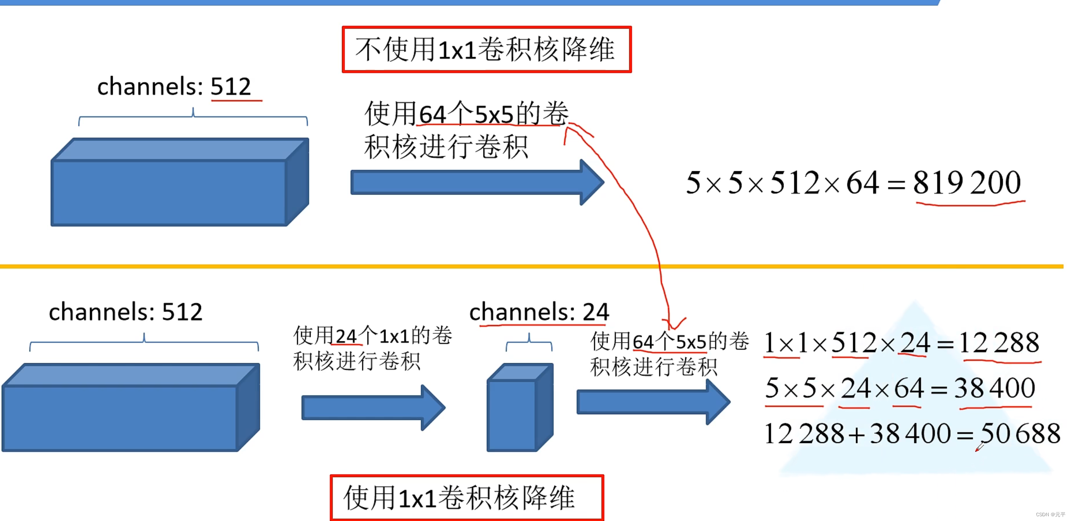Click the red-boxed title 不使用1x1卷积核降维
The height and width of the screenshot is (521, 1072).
pyautogui.click(x=486, y=49)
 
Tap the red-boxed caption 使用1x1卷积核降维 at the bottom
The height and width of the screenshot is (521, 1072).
pyautogui.click(x=466, y=498)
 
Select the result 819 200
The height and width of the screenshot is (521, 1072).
pyautogui.click(x=967, y=182)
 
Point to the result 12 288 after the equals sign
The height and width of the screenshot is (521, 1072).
pyautogui.click(x=999, y=343)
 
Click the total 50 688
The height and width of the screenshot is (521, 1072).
pyautogui.click(x=1020, y=434)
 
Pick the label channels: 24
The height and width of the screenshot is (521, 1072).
pyautogui.click(x=539, y=312)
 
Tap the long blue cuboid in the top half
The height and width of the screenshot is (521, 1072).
pyautogui.click(x=180, y=182)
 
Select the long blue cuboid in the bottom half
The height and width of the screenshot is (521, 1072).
pyautogui.click(x=131, y=407)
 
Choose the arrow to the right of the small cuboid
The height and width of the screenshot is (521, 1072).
pyautogui.click(x=653, y=402)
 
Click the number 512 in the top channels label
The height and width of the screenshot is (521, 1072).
pyautogui.click(x=231, y=86)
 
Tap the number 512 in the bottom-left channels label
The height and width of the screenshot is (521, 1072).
pyautogui.click(x=182, y=312)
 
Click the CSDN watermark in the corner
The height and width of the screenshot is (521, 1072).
pyautogui.click(x=1050, y=515)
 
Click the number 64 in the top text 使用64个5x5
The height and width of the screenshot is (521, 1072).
pyautogui.click(x=433, y=115)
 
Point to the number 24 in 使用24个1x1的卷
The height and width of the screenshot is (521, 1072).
pyautogui.click(x=346, y=336)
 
